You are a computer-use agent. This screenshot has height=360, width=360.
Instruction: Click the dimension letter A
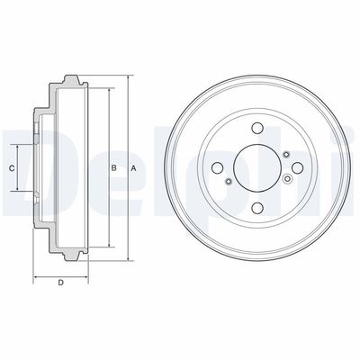(x=132, y=168)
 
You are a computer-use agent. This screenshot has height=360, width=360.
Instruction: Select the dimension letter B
(x=112, y=168)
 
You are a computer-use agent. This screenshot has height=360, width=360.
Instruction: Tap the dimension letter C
(x=13, y=168)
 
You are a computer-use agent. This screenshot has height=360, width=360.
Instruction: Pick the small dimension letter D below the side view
(x=59, y=284)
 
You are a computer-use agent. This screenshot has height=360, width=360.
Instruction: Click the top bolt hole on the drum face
(x=257, y=128)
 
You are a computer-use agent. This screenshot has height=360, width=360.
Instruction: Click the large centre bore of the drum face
(x=257, y=166)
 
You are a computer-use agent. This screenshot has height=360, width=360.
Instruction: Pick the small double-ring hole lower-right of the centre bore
(x=286, y=181)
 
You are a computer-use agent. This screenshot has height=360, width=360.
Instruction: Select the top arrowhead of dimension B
(x=108, y=89)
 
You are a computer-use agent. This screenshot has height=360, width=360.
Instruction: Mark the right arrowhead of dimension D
(x=88, y=275)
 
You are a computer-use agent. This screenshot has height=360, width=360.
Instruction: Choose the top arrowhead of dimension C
(x=20, y=144)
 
